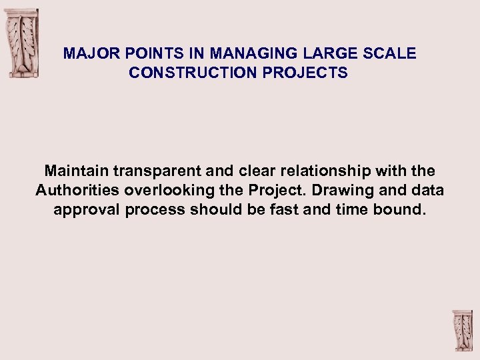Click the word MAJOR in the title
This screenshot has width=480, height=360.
pos(85,54)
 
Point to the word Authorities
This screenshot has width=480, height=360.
pos(74,191)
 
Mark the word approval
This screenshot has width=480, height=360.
pos(83,210)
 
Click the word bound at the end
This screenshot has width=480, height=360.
pos(401,210)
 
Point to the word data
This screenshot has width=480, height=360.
pos(427,191)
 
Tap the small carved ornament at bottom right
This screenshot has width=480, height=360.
pos(462,331)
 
